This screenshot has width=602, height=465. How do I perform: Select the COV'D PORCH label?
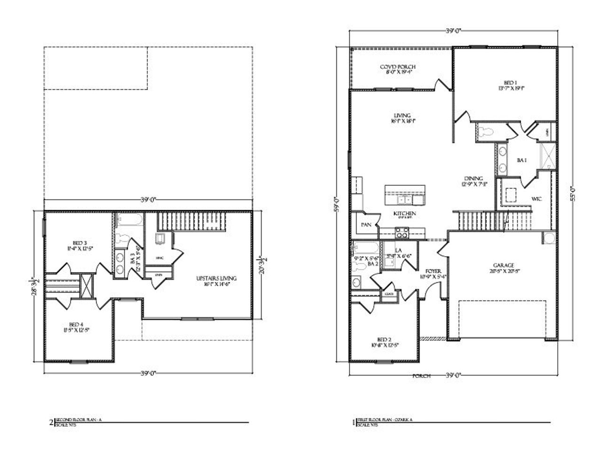pos(397,67)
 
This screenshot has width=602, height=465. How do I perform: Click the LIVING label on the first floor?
pos(402,115)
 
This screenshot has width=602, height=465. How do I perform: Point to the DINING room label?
pos(473,179)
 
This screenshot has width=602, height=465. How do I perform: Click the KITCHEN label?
pos(404,213)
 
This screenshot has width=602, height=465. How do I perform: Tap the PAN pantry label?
pos(366,225)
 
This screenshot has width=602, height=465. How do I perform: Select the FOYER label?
pos(433,271)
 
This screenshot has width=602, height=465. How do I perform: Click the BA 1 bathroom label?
pos(521,160)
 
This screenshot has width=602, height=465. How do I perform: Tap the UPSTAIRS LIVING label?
pos(216,278)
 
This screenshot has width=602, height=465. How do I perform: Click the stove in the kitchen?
pos(403,232)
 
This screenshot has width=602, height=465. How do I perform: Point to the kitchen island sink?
pos(404,200)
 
